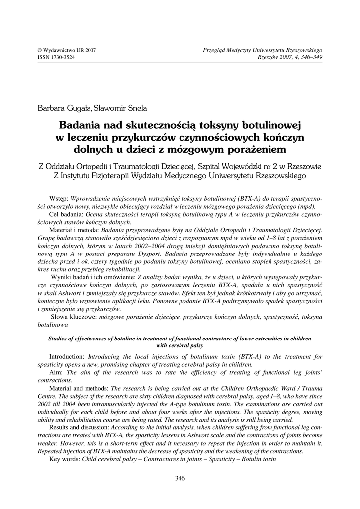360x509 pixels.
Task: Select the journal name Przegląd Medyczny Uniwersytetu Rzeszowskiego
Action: pyautogui.click(x=263, y=51)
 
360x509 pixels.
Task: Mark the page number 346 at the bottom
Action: pyautogui.click(x=180, y=479)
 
